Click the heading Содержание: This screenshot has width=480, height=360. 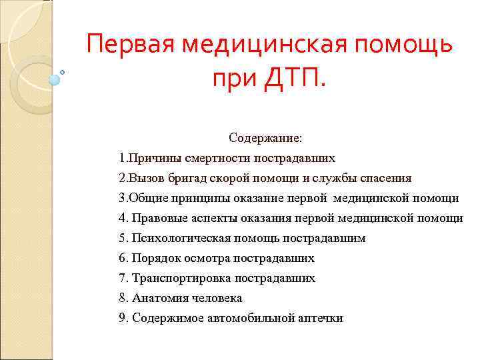click(265, 138)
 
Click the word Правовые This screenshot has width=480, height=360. click(157, 219)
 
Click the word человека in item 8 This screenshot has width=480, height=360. click(215, 298)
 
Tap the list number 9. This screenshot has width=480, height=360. click(122, 318)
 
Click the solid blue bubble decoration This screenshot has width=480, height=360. click(55, 80)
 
